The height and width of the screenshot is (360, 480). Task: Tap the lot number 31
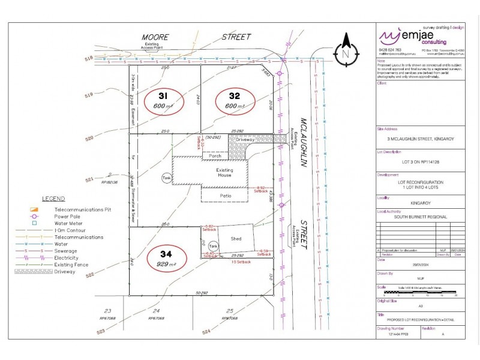click(163, 96)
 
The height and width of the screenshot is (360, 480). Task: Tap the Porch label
click(216, 156)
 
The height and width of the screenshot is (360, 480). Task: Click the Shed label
click(236, 239)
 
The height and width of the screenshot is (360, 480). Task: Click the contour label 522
click(91, 275)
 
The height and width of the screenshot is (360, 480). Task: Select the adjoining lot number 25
click(230, 311)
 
